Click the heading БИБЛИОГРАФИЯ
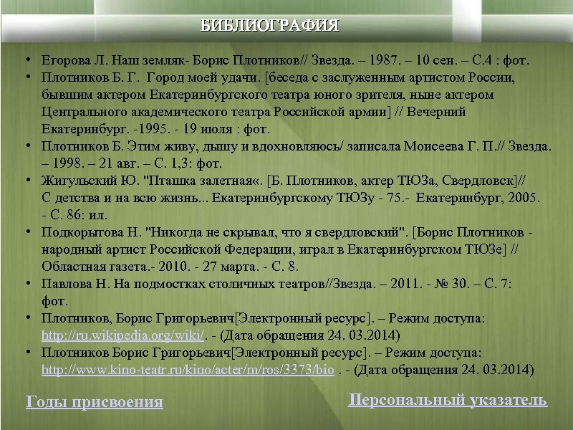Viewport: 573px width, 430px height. [270, 27]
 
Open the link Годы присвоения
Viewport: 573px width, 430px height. [94, 401]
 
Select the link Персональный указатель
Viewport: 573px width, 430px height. [448, 400]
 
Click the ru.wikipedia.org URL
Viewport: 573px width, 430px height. [124, 335]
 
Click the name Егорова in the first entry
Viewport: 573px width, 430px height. [66, 59]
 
